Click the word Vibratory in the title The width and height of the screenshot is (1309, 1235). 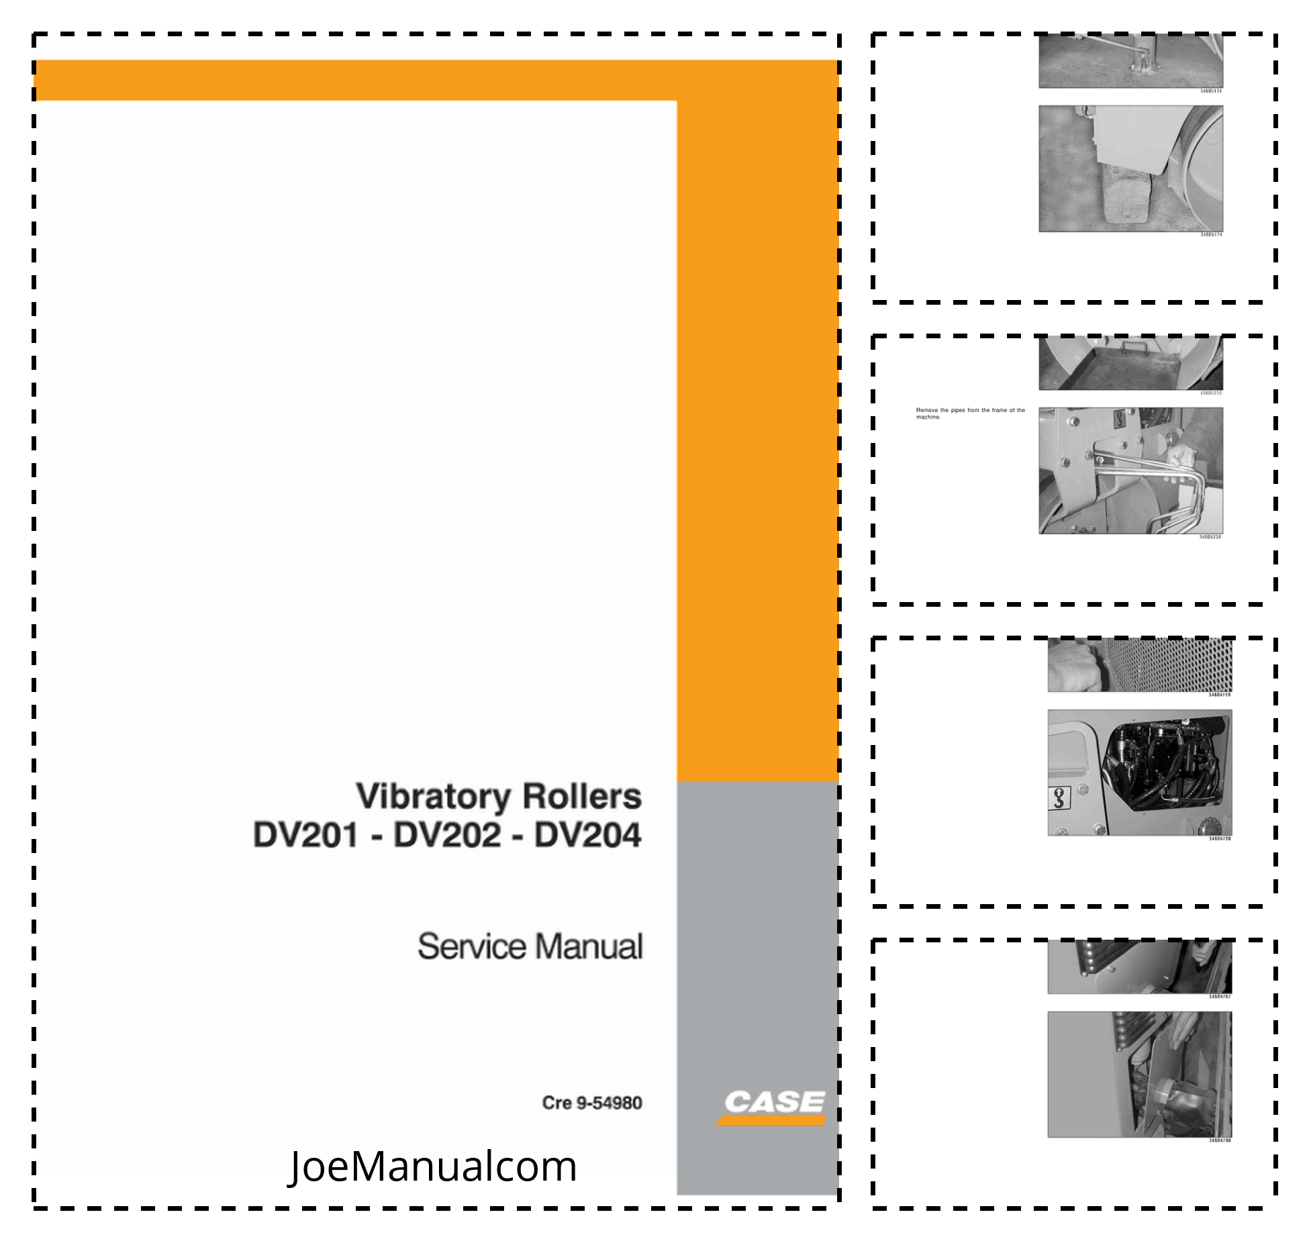[433, 797]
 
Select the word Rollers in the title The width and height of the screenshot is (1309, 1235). [582, 797]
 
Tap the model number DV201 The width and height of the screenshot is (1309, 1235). [306, 836]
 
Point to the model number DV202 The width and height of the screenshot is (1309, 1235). [447, 836]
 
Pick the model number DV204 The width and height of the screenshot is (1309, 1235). [588, 836]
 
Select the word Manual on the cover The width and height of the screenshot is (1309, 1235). [589, 946]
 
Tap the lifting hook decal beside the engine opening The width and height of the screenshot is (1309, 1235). [1059, 799]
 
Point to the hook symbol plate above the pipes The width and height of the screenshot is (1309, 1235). [1119, 420]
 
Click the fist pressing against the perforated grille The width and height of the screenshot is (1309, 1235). [1073, 666]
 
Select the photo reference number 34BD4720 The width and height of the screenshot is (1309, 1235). [1220, 839]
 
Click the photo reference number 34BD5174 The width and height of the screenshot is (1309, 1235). [1211, 235]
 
